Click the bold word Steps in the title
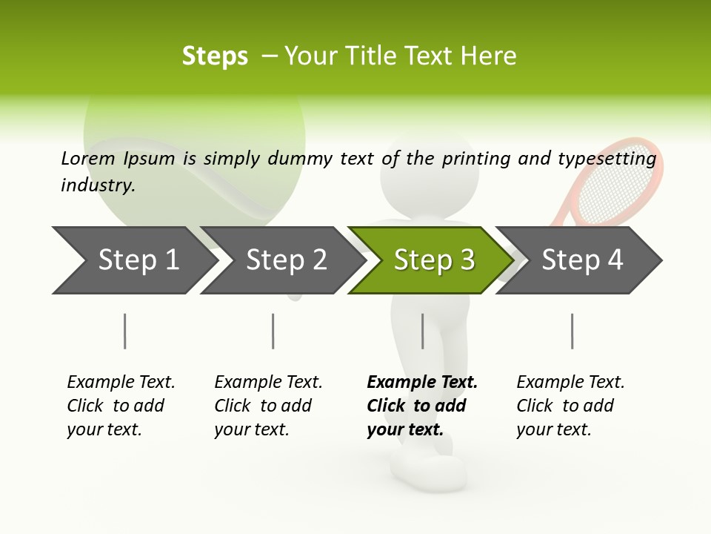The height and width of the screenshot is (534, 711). (215, 56)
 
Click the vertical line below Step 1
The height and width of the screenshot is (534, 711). (124, 331)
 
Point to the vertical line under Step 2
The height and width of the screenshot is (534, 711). (273, 331)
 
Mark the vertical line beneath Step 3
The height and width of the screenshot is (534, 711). (422, 331)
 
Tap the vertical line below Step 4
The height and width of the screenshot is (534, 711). (572, 331)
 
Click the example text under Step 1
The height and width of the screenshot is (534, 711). (121, 406)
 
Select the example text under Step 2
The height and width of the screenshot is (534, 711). (268, 406)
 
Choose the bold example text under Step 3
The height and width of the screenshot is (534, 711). (421, 406)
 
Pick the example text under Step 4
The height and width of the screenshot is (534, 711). (570, 406)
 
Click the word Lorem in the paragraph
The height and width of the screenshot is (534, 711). (88, 158)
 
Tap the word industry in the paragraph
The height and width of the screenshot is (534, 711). (98, 185)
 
